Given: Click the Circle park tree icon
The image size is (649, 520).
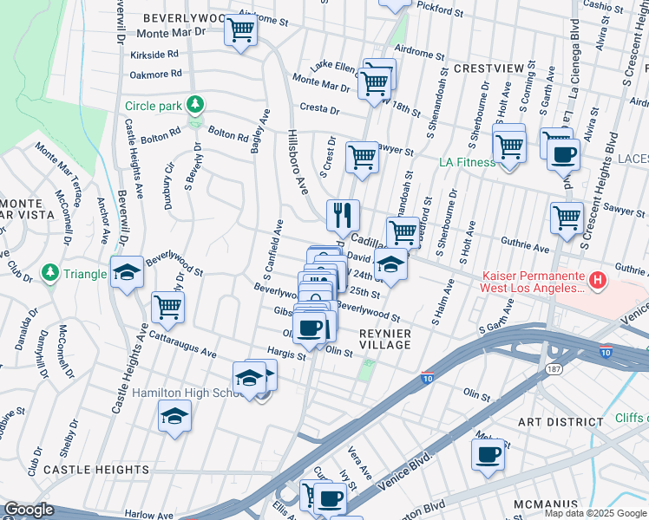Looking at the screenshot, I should [196, 106].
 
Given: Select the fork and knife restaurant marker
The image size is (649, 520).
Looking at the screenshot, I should [343, 212].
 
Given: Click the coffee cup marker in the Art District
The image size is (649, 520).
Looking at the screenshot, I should [487, 453].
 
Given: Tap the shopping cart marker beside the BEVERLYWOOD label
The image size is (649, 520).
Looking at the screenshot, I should [240, 29].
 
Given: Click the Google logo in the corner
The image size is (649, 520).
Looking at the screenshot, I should [29, 510].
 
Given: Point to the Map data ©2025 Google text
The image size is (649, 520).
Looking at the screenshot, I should [594, 513].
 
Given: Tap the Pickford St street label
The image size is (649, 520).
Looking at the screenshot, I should [438, 10].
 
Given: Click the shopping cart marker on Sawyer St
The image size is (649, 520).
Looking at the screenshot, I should [362, 158].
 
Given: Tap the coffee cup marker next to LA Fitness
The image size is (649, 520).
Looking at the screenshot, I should [565, 154].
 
